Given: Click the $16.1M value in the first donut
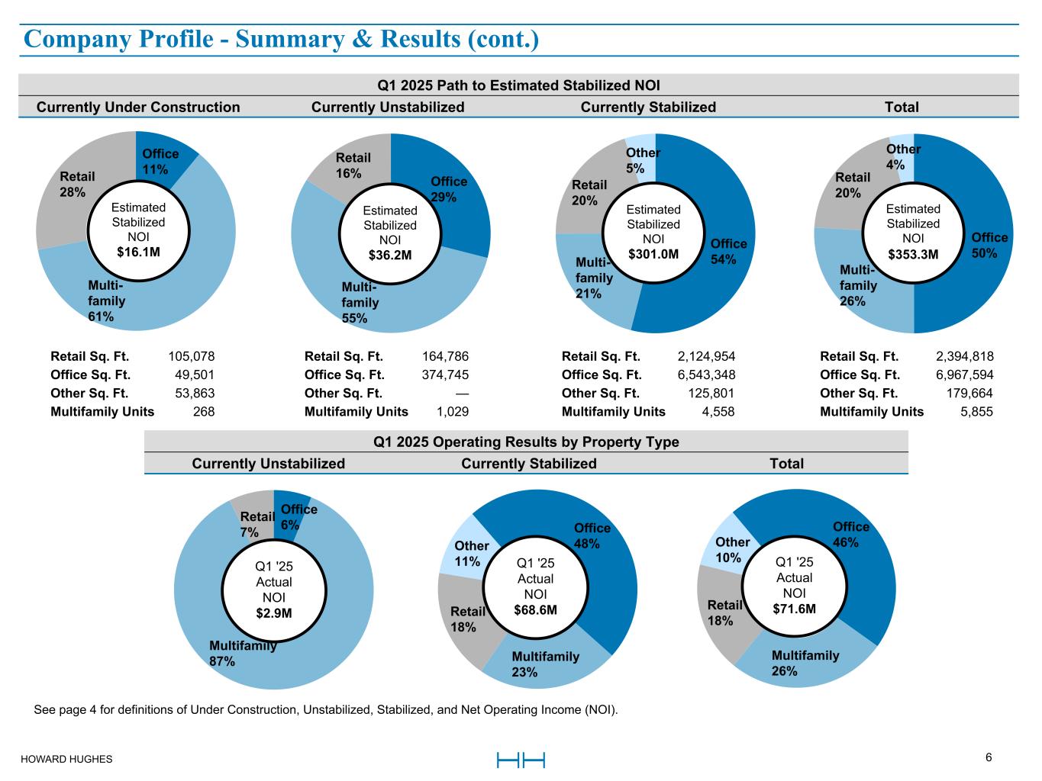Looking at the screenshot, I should tap(138, 252).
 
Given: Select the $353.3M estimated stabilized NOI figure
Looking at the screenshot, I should tap(913, 254).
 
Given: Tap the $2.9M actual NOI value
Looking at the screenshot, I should tap(274, 612).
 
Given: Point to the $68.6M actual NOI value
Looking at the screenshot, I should tap(535, 610).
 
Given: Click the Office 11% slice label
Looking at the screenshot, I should tap(160, 162).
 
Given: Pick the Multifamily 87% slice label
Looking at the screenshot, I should tap(242, 654).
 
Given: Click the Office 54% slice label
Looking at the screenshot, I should tap(728, 251).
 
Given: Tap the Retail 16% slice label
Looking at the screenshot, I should tap(353, 166).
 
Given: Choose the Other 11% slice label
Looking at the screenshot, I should tap(471, 554).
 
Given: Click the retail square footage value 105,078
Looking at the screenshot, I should tap(191, 356).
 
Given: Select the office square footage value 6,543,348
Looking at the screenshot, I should tap(706, 374).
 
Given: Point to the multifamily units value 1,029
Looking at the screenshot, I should tap(452, 411).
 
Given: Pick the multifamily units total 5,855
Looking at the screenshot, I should tap(977, 411).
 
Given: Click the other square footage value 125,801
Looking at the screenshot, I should tap(711, 393).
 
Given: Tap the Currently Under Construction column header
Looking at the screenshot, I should tap(138, 108).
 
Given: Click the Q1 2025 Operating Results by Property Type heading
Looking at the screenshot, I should tap(526, 442).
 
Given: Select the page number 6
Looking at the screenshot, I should tap(989, 757).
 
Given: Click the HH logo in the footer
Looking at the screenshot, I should tap(521, 760).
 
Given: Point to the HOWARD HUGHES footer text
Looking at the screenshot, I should tap(66, 759).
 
